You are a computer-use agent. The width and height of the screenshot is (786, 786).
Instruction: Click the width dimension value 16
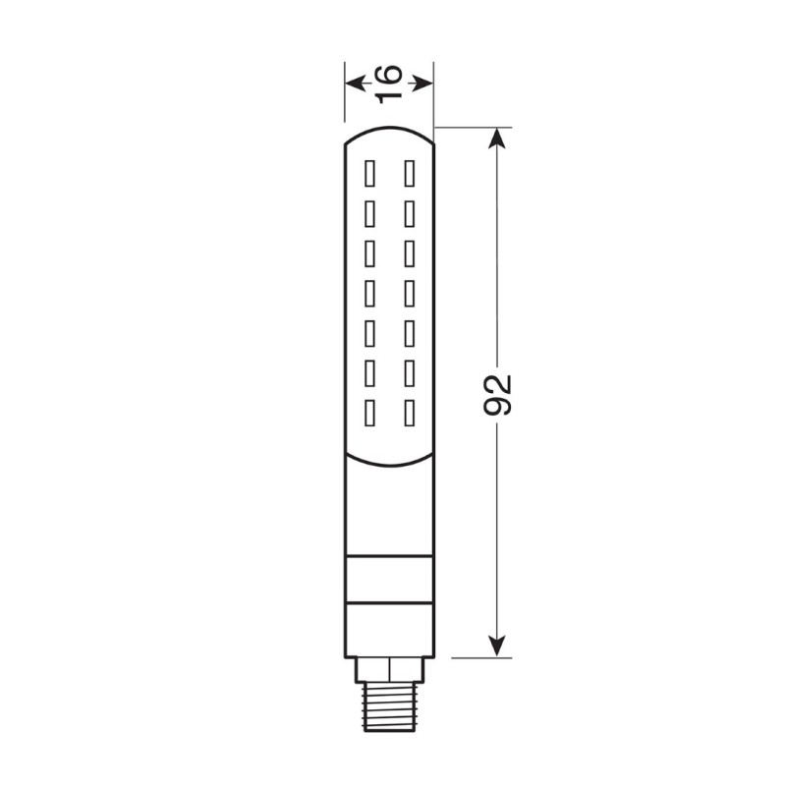[x=389, y=83]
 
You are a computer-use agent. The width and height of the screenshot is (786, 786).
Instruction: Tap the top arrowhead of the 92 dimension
[x=499, y=138]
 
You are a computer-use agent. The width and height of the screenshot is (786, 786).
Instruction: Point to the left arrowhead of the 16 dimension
[x=352, y=83]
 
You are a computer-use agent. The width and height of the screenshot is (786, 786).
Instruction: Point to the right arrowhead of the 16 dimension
[x=424, y=83]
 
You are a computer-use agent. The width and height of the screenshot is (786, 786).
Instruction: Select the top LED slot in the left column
[x=370, y=173]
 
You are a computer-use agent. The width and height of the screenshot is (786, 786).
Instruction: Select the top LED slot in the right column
[x=408, y=173]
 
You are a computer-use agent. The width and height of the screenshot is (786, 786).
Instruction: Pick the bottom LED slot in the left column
[x=370, y=412]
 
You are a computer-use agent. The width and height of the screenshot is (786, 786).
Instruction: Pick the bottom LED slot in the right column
[x=408, y=412]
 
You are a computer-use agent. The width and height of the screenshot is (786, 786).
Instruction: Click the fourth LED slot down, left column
[x=370, y=292]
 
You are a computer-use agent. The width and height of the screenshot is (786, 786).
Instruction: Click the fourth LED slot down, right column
[x=408, y=292]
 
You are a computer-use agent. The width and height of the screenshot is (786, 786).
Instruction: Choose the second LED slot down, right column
[x=408, y=213]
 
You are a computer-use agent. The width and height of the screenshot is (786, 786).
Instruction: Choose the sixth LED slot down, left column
[x=370, y=371]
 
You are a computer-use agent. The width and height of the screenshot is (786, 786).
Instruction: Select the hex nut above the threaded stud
[x=389, y=670]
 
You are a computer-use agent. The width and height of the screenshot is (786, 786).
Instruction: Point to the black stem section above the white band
[x=389, y=511]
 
